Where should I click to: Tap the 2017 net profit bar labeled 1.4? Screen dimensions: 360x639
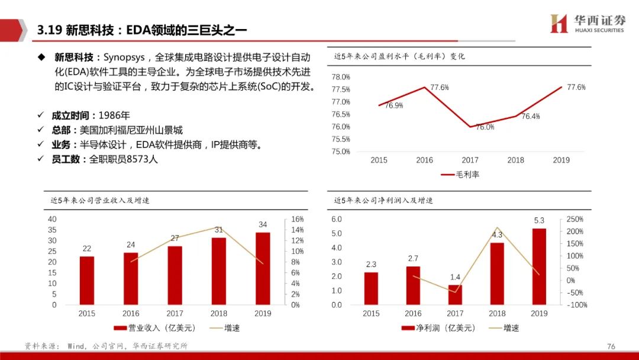click(455, 295)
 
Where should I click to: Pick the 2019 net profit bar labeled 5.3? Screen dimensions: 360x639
click(539, 266)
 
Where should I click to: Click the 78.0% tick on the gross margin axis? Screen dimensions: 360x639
click(341, 77)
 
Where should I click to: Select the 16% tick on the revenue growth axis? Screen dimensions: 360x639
click(297, 219)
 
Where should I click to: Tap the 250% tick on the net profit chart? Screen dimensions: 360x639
click(575, 219)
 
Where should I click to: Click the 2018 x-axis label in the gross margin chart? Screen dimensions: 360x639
click(515, 160)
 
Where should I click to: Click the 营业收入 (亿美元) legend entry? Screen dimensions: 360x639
click(155, 328)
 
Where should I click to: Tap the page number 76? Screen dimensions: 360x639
click(611, 346)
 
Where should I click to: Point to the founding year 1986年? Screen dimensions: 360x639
click(114, 115)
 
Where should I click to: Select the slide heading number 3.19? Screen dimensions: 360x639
click(49, 30)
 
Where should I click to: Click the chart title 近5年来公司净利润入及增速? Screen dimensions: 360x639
click(383, 200)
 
